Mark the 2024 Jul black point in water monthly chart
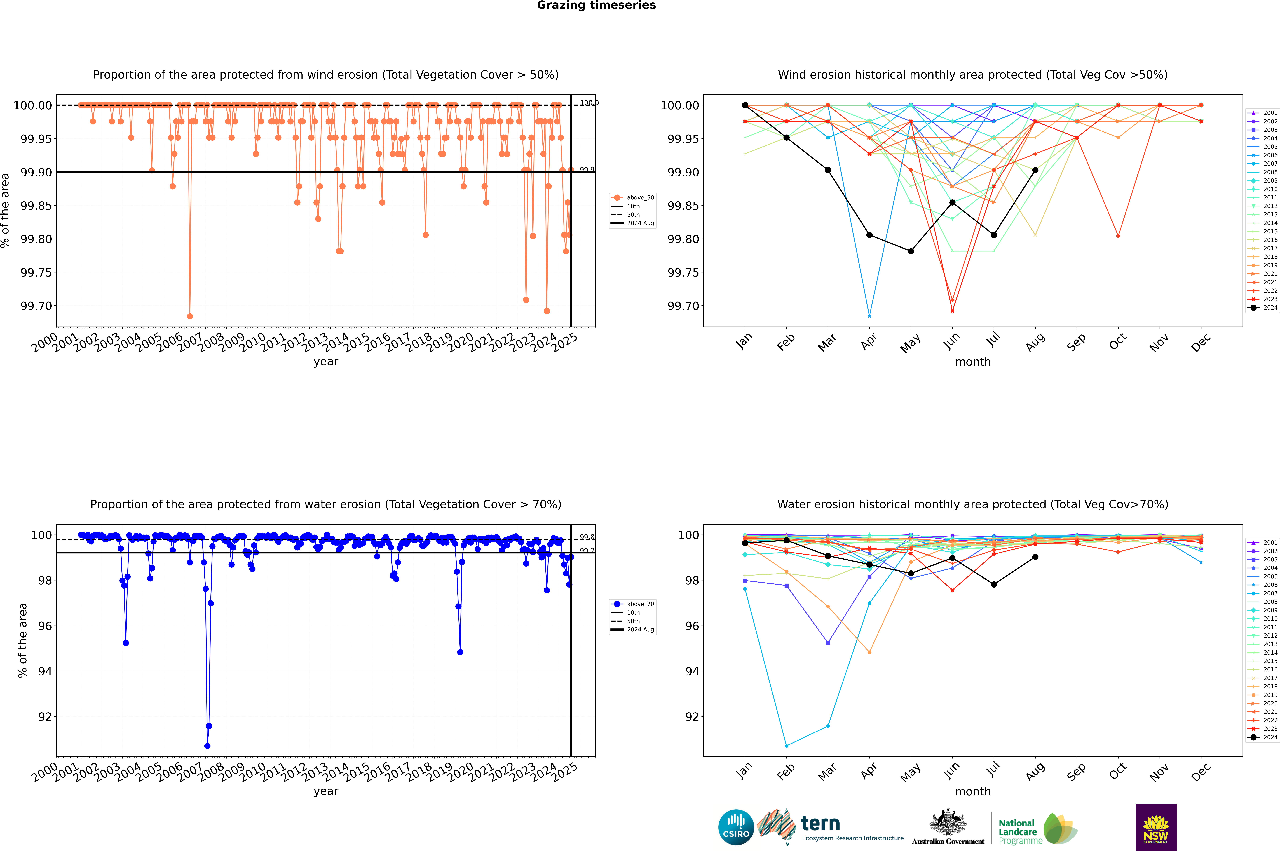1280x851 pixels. (x=993, y=585)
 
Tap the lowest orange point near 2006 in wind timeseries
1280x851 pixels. (x=189, y=316)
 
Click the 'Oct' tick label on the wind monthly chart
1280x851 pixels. (x=1118, y=342)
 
